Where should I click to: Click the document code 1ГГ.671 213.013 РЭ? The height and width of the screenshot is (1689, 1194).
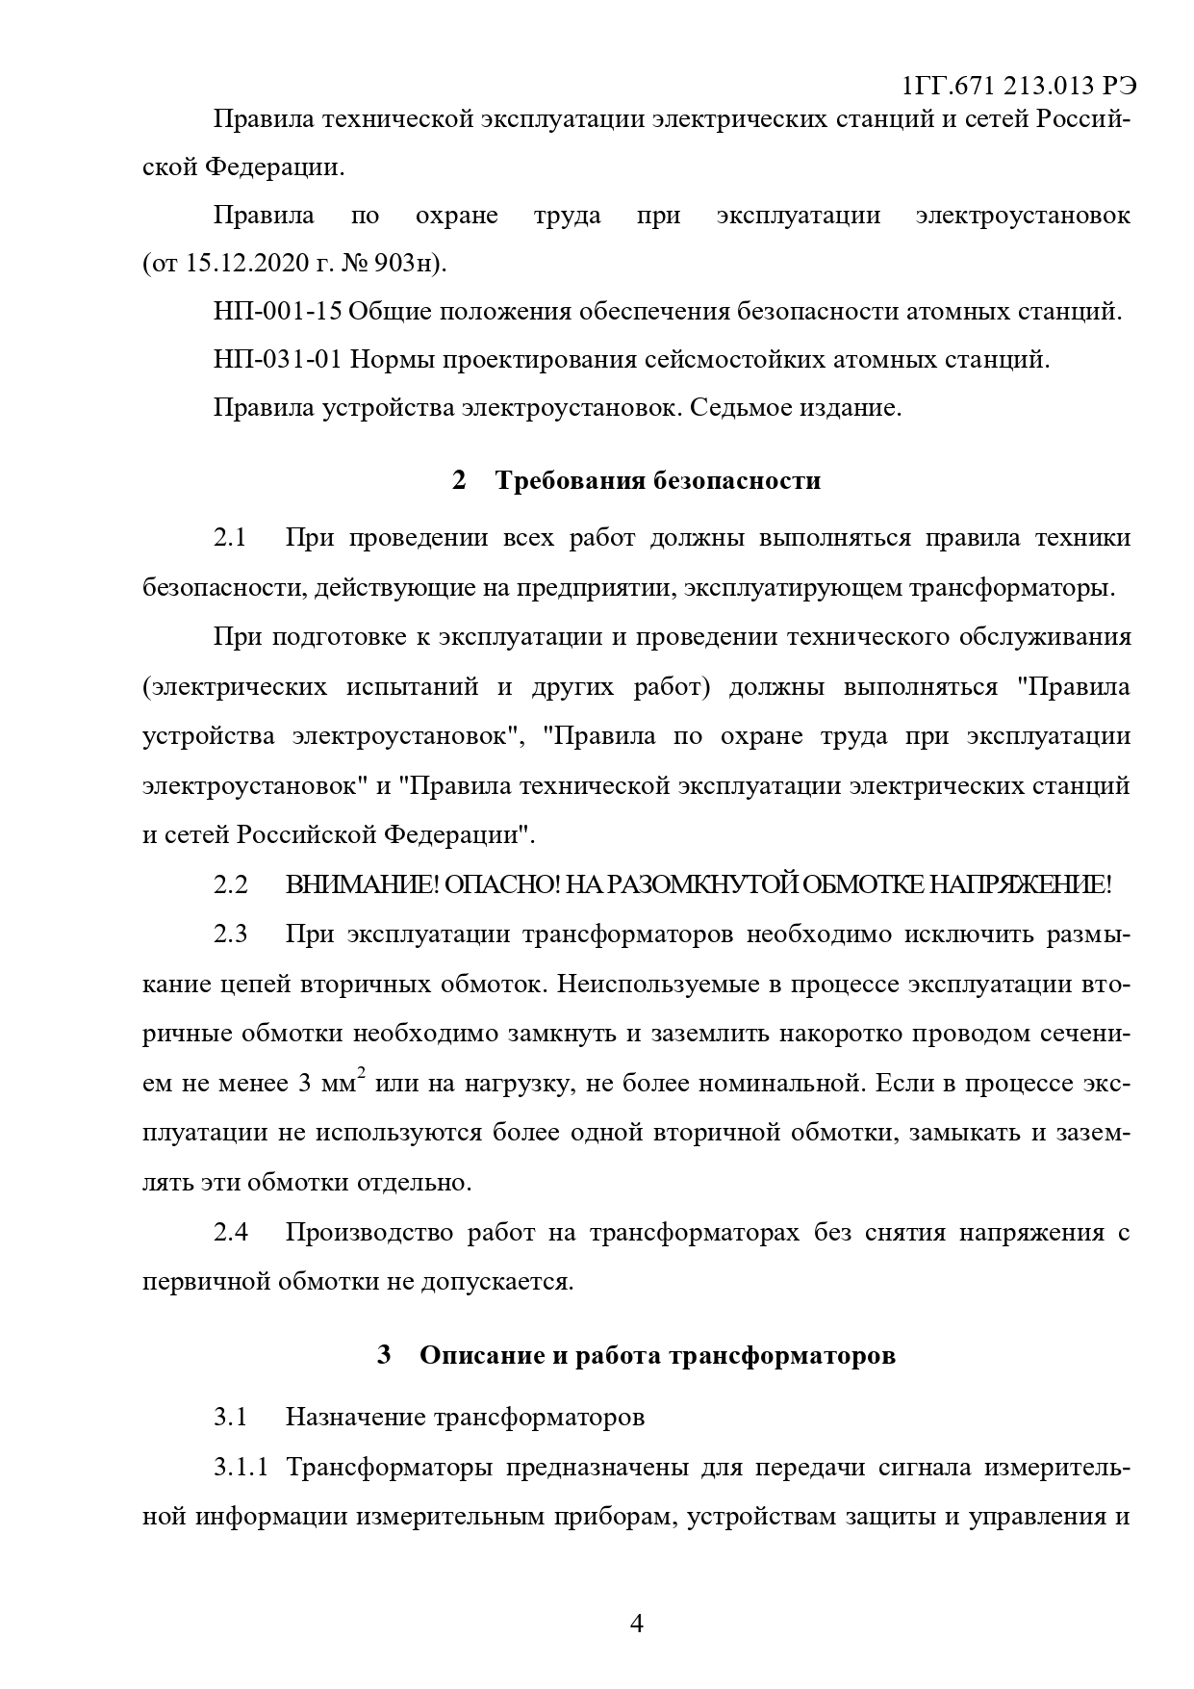pyautogui.click(x=1019, y=86)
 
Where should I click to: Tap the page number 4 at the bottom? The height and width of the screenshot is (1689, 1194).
pyautogui.click(x=636, y=1624)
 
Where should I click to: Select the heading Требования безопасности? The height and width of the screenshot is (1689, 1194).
pyautogui.click(x=658, y=480)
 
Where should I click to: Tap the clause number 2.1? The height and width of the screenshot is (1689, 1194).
pyautogui.click(x=230, y=538)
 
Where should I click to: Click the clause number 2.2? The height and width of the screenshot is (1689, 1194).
pyautogui.click(x=231, y=884)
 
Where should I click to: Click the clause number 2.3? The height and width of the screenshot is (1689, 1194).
pyautogui.click(x=231, y=934)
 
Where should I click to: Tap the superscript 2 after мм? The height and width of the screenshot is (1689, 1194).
pyautogui.click(x=362, y=1074)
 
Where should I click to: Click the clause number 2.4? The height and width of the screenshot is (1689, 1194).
pyautogui.click(x=231, y=1232)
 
